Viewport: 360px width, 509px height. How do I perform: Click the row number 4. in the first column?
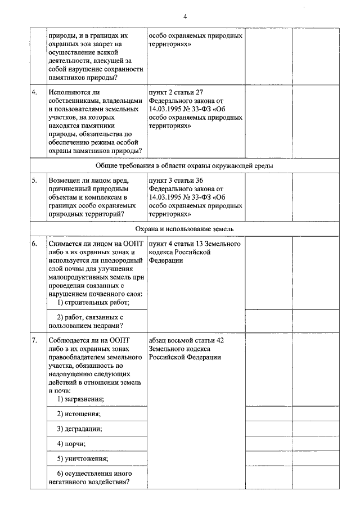tap(35, 91)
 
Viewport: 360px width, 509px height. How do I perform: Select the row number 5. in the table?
tap(35, 181)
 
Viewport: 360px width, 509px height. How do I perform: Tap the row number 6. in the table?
tap(35, 244)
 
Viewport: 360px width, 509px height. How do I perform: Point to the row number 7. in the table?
tap(35, 340)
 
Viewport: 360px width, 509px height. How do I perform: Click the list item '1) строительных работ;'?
tap(93, 303)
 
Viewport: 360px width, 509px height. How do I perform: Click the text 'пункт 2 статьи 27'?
tap(175, 91)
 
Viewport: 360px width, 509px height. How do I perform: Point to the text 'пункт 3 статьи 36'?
tap(175, 181)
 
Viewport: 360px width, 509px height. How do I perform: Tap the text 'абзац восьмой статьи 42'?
tap(187, 340)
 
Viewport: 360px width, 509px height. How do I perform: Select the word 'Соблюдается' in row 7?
tap(71, 340)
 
